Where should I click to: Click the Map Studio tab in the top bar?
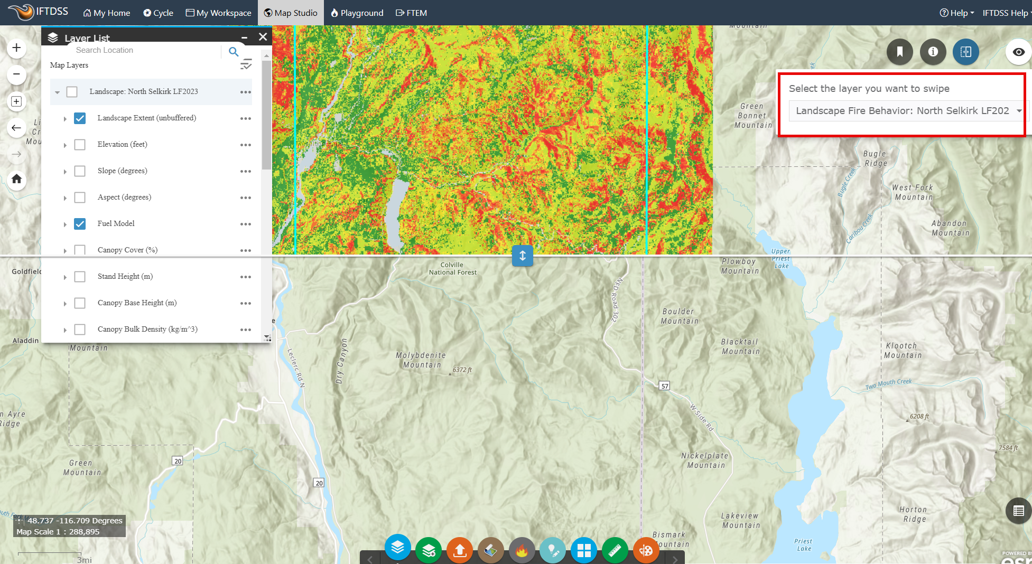(291, 13)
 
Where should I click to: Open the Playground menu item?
(357, 13)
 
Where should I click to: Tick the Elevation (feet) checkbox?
(80, 145)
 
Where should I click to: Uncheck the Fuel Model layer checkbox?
(80, 224)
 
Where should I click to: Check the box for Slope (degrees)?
(80, 171)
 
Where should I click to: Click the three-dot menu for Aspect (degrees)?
(246, 198)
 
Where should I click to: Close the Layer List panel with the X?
(263, 37)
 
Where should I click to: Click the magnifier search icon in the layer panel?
(234, 52)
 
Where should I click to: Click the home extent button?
(16, 179)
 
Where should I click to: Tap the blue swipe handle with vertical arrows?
(522, 256)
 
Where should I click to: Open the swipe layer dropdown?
(906, 111)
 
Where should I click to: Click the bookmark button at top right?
(899, 52)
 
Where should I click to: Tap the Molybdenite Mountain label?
(421, 360)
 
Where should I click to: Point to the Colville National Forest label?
(452, 269)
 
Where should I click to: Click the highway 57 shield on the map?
(665, 386)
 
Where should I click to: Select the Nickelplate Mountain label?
(705, 460)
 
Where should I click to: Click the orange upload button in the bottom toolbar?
(460, 551)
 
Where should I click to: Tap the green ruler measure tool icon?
(615, 551)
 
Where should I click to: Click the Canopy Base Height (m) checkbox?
(80, 303)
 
